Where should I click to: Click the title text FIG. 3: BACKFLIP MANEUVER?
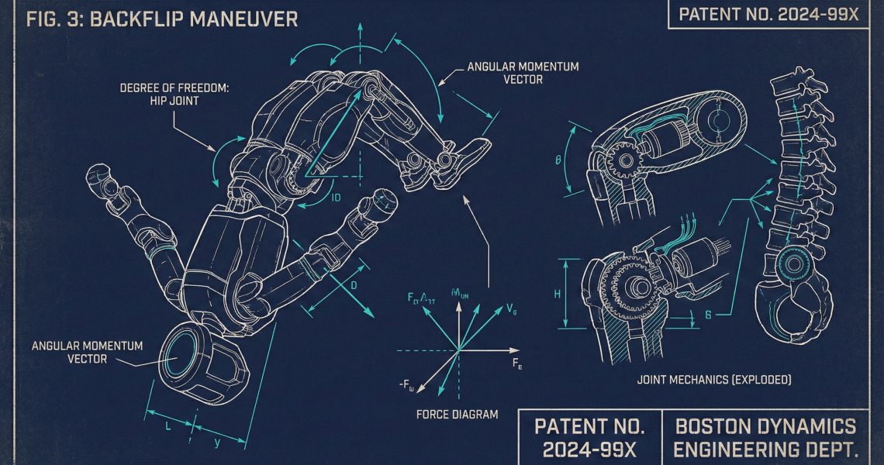(x=161, y=19)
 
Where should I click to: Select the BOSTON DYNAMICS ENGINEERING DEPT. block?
(x=765, y=437)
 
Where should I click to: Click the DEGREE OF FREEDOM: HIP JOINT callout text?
(x=174, y=95)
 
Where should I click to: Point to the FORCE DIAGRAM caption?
(x=458, y=414)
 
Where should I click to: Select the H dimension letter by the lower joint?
(x=558, y=294)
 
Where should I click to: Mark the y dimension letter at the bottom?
(x=216, y=443)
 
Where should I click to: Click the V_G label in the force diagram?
(x=511, y=309)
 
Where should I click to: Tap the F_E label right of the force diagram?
(x=516, y=363)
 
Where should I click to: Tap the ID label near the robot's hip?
(x=336, y=198)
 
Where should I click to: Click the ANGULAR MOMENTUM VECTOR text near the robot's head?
(x=87, y=352)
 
